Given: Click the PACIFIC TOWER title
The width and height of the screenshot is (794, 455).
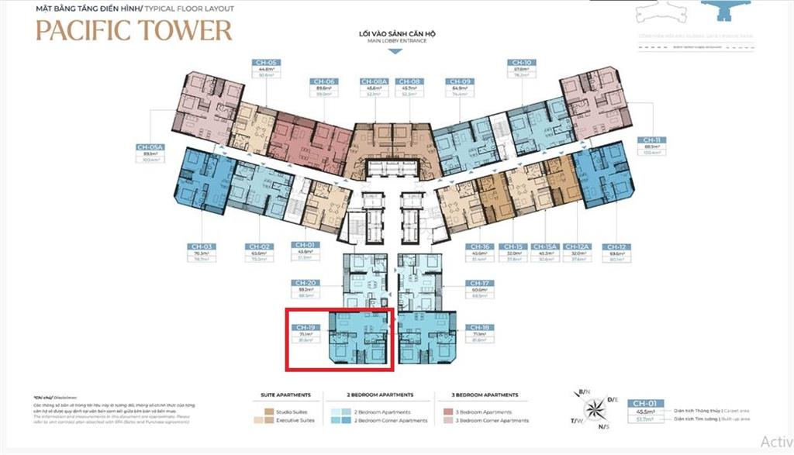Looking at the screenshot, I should pos(134,30).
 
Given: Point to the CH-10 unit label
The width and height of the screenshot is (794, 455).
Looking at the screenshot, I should pos(521,62).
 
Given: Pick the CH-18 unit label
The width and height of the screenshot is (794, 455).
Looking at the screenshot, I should pos(478,328).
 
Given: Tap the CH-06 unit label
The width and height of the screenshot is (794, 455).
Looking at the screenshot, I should pos(324,81).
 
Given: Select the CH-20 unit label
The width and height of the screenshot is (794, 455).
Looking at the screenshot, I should pos(301,283).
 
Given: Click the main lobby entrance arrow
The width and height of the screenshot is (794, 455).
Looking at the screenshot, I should pos(395,51).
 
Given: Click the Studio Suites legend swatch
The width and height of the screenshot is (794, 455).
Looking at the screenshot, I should pos(268,412).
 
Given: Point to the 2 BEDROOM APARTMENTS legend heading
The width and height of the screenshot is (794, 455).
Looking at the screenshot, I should pos(380,395).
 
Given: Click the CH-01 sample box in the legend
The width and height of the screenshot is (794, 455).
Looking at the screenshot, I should pos(644,403).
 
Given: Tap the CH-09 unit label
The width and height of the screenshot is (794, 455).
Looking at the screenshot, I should pos(459,81).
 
